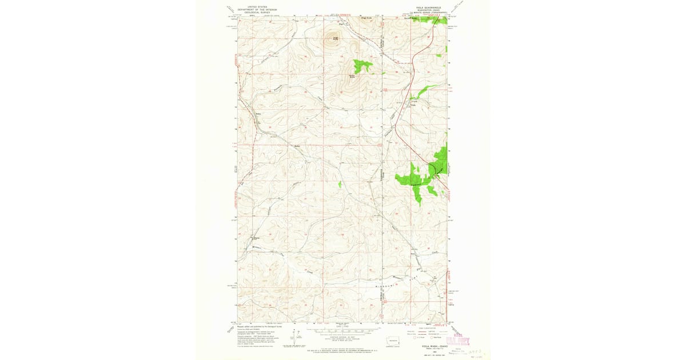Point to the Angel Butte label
tap(336, 38)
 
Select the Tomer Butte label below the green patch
tap(353, 76)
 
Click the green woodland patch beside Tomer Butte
tap(361, 66)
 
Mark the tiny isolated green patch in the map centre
tap(340, 184)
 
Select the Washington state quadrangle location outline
tap(393, 342)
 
